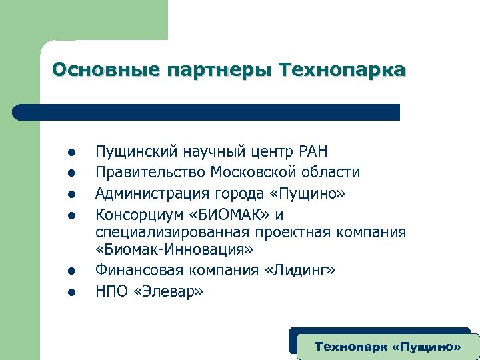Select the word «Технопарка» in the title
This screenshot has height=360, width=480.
coord(343,69)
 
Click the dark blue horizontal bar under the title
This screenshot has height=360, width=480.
coord(207,112)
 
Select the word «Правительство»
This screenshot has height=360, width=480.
coord(151,173)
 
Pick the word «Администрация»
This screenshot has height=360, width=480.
coord(153,193)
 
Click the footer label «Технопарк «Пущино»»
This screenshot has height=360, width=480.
coord(387,347)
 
